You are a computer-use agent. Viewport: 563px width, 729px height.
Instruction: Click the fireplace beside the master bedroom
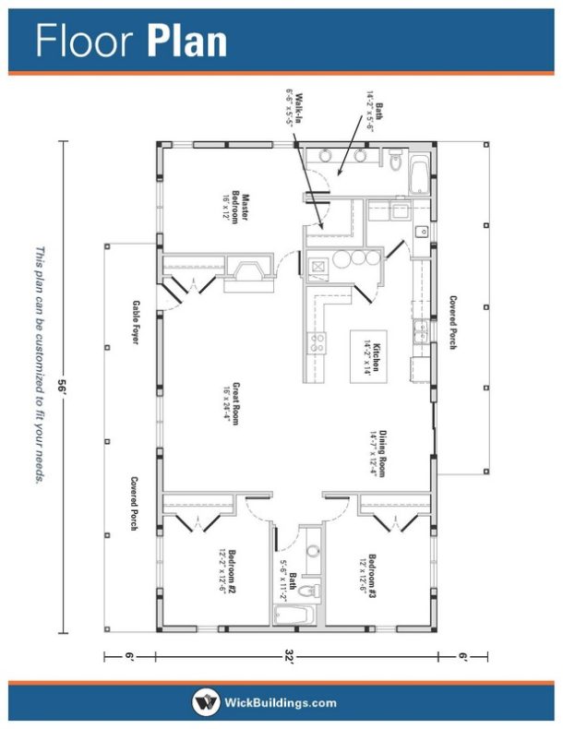click(x=248, y=274)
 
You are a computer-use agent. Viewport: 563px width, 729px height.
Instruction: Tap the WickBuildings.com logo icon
click(x=206, y=703)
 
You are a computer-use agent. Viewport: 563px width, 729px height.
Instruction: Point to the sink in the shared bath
click(x=312, y=552)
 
